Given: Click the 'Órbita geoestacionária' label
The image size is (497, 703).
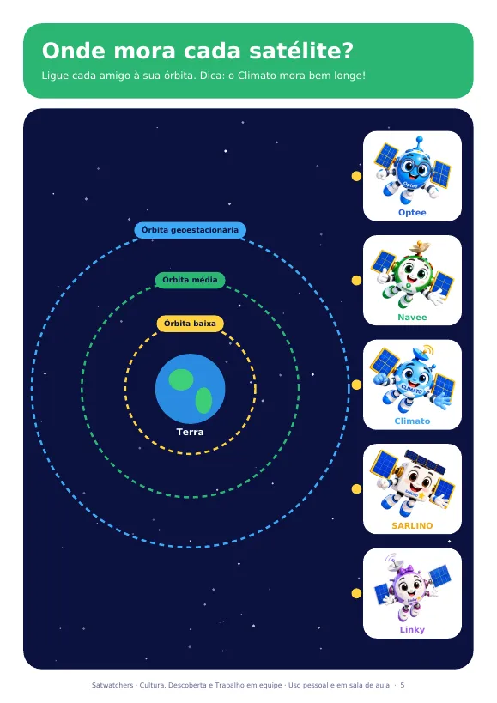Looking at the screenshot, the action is point(190,230).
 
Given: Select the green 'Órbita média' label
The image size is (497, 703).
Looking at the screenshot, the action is point(190,280).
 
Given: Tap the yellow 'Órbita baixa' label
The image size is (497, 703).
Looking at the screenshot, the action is point(190,324).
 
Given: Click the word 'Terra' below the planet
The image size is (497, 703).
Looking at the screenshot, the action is point(190,432).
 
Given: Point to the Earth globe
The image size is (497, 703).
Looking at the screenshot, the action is point(190,389).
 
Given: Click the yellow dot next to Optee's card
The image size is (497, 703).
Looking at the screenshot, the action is point(356,176).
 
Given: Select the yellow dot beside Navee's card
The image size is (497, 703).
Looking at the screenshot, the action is point(356,280).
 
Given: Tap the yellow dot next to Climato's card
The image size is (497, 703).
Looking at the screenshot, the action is point(356,385).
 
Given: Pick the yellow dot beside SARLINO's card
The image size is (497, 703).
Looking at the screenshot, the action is point(356,488).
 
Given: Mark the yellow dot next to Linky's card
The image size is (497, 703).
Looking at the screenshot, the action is point(356,593).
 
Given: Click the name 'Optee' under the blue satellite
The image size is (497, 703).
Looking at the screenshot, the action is point(412,213).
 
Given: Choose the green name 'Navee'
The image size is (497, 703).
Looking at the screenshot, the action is point(412,317).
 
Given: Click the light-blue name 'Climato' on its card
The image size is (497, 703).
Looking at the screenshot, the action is point(412,421).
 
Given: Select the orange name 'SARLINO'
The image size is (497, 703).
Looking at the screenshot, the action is point(412,525).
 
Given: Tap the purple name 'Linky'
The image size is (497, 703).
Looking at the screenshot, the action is point(412,629).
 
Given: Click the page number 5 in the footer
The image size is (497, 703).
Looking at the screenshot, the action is point(403,685).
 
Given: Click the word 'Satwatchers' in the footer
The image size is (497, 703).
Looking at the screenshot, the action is point(112,685).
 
